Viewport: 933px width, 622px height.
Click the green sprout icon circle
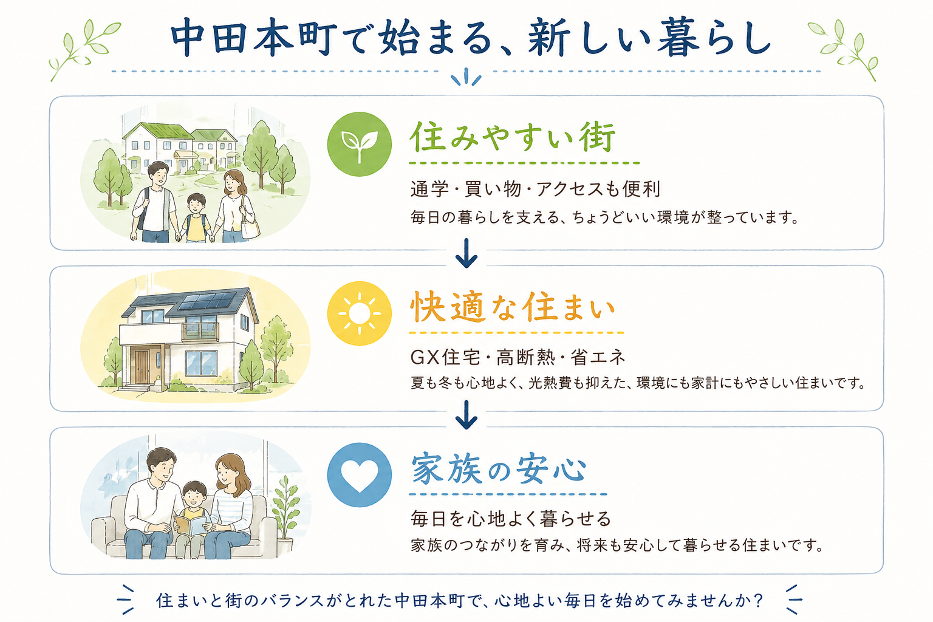(359, 144)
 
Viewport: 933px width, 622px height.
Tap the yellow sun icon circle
(359, 313)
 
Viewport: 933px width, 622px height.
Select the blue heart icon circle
(359, 475)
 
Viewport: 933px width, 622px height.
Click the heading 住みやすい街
(513, 137)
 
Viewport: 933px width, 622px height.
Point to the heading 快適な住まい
(513, 307)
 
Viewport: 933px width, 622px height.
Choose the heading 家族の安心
(499, 470)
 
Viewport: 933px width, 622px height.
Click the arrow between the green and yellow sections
(466, 253)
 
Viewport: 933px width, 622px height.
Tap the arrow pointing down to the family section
(466, 415)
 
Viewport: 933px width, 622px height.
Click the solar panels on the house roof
(207, 301)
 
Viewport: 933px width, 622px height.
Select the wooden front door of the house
(142, 367)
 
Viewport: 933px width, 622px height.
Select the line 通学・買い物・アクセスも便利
(535, 189)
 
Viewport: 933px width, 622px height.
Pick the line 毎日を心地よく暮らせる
(511, 519)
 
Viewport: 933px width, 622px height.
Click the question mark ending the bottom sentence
(758, 600)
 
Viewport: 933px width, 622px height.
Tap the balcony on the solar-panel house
(200, 332)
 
